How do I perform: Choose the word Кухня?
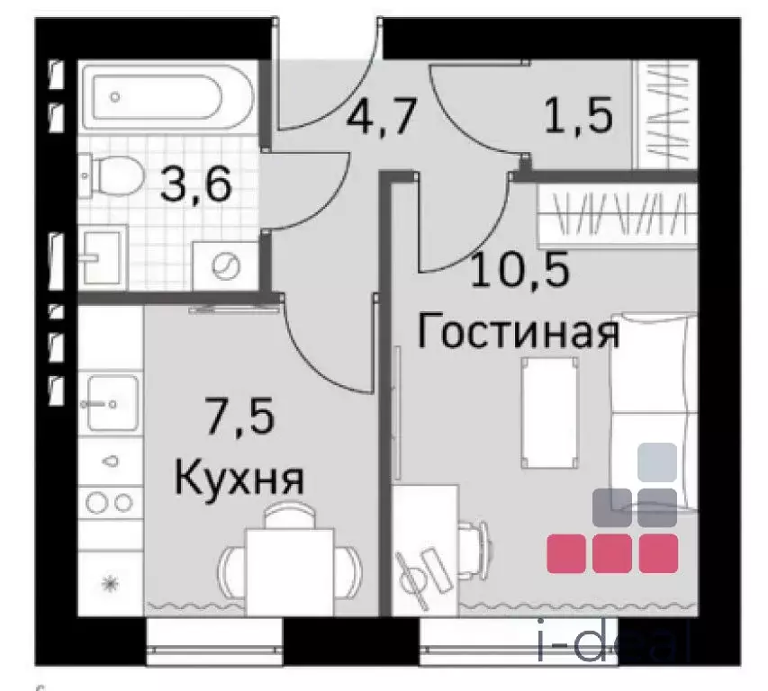pos(239,478)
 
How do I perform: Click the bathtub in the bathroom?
pos(167,97)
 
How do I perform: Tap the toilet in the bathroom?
pos(111,176)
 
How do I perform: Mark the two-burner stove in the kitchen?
pos(110,500)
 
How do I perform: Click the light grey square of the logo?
pos(656,462)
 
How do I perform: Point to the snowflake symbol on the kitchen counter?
pos(110,584)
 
